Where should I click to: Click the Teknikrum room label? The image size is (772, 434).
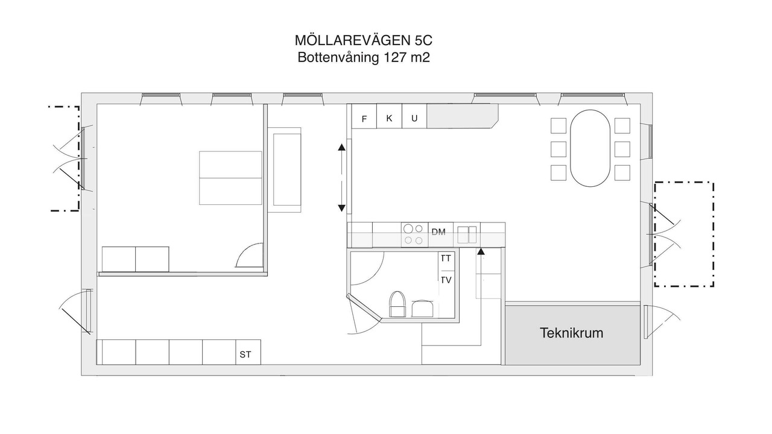[x=571, y=333]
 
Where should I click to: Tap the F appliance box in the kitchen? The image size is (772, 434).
[x=364, y=116]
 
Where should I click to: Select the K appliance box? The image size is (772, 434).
[x=389, y=116]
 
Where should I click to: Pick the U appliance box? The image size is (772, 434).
[x=414, y=116]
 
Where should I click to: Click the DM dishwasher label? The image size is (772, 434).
[x=438, y=232]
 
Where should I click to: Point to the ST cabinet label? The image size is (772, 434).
[x=245, y=354]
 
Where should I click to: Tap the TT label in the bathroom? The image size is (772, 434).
[x=446, y=259]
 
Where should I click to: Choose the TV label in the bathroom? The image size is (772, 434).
[x=446, y=280]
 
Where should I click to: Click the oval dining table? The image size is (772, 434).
[x=590, y=148]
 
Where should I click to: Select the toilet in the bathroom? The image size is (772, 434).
[x=397, y=304]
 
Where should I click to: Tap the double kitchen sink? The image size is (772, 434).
[x=467, y=234]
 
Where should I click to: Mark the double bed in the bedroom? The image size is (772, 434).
[x=230, y=178]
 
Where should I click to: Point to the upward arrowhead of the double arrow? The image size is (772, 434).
[x=341, y=148]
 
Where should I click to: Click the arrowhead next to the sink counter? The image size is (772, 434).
[x=481, y=251]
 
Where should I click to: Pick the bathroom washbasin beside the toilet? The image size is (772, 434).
[x=423, y=308]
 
